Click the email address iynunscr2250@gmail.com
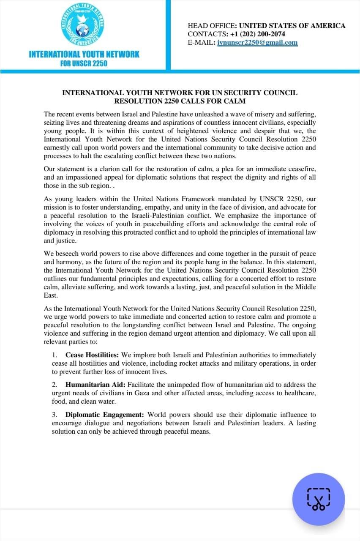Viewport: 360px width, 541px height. click(x=257, y=42)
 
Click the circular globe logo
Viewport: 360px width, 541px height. click(x=84, y=25)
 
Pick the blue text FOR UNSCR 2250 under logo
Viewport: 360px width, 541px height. click(x=84, y=63)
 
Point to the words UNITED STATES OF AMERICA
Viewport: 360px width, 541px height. click(x=292, y=25)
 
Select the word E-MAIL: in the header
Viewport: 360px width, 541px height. click(x=202, y=42)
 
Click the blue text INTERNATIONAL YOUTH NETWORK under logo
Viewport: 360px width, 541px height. click(x=84, y=54)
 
